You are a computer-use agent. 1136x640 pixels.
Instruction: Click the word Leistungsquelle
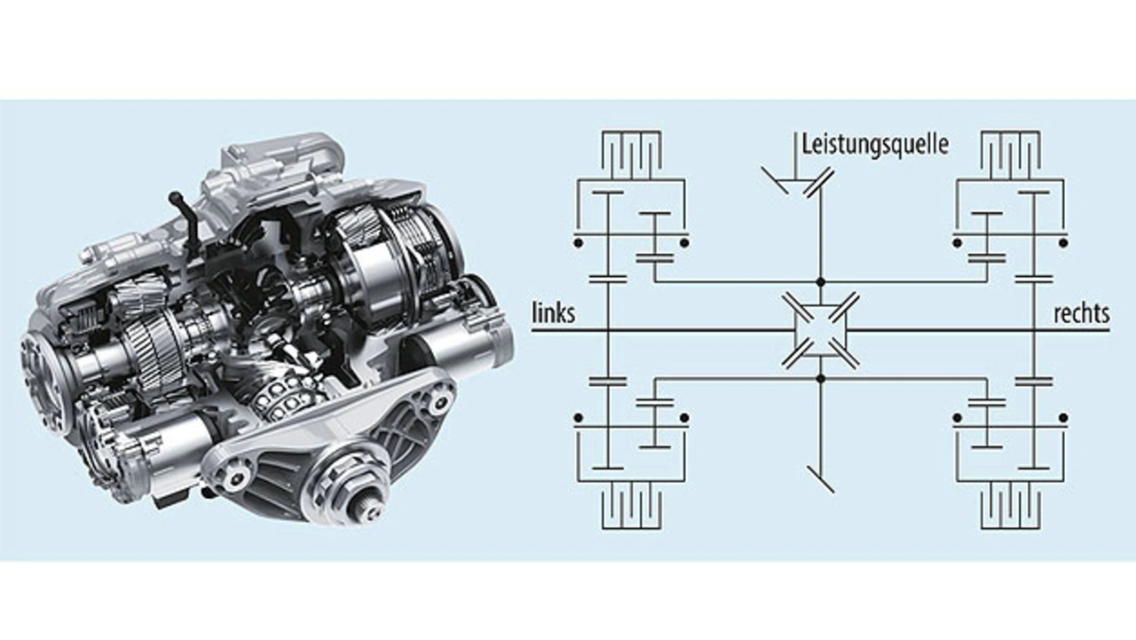[x=874, y=145]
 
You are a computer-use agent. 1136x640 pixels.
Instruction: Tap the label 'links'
[x=553, y=313]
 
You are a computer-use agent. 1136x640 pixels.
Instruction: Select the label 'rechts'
[x=1081, y=313]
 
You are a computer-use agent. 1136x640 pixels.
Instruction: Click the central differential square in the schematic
[x=820, y=330]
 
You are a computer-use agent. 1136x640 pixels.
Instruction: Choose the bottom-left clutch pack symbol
[x=630, y=509]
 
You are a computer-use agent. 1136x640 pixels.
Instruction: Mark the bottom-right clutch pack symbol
[x=1010, y=509]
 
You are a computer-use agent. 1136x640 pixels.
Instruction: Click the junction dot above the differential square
[x=820, y=282]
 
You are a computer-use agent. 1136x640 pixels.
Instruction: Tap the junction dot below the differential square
[x=820, y=378]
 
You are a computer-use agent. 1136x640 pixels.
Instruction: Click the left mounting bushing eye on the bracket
[x=233, y=478]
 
